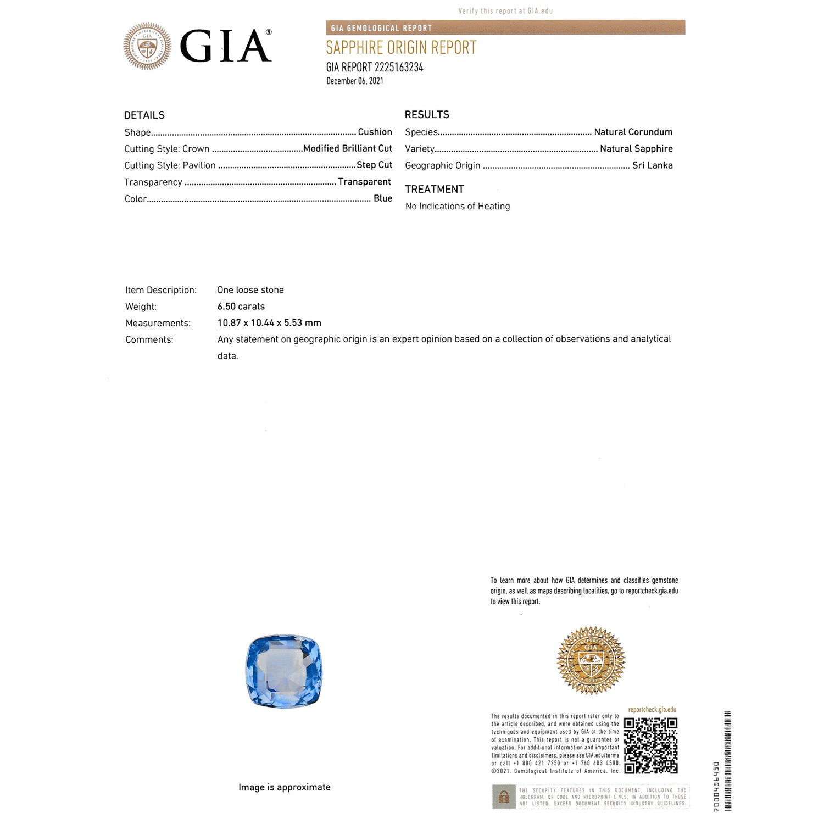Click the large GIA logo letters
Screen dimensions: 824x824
click(225, 47)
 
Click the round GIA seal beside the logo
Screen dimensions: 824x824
click(147, 47)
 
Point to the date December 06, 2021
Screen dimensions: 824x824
click(355, 81)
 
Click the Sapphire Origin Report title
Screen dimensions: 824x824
click(401, 48)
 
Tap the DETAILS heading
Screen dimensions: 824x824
click(144, 115)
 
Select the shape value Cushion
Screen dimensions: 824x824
click(375, 132)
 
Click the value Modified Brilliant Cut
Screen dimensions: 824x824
click(348, 148)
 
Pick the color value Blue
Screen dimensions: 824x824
click(383, 198)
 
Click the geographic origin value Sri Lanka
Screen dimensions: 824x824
click(652, 165)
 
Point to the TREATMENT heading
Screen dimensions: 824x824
click(435, 190)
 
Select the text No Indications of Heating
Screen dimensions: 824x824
click(458, 207)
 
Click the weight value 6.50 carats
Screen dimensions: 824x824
click(241, 307)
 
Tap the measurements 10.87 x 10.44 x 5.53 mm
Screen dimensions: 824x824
click(269, 323)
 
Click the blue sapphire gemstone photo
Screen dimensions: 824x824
click(283, 671)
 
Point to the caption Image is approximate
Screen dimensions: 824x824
click(285, 787)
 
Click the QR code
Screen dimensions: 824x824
click(651, 745)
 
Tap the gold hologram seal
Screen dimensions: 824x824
click(591, 660)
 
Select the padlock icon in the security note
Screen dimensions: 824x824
click(504, 797)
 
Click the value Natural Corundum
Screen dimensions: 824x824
click(633, 132)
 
